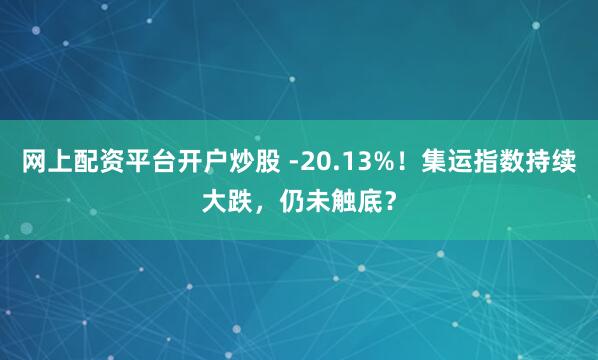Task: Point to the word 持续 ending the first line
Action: pos(554,161)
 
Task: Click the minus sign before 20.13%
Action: pos(291,163)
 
